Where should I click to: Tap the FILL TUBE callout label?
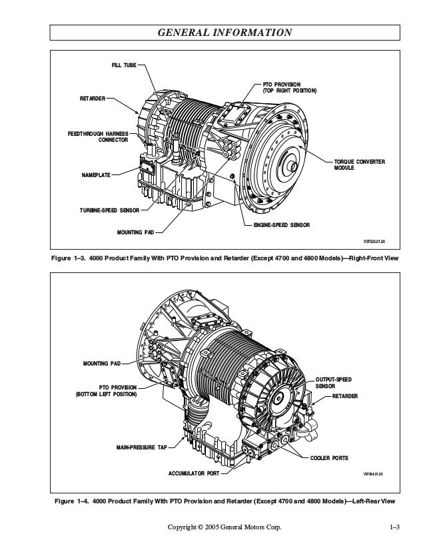coord(123,66)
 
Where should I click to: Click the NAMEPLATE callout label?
coord(95,176)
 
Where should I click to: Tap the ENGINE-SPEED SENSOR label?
coord(282,226)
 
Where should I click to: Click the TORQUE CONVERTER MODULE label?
coord(359,165)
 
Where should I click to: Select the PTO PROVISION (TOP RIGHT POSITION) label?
coord(286,87)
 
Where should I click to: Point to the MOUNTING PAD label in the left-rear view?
coord(102,364)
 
